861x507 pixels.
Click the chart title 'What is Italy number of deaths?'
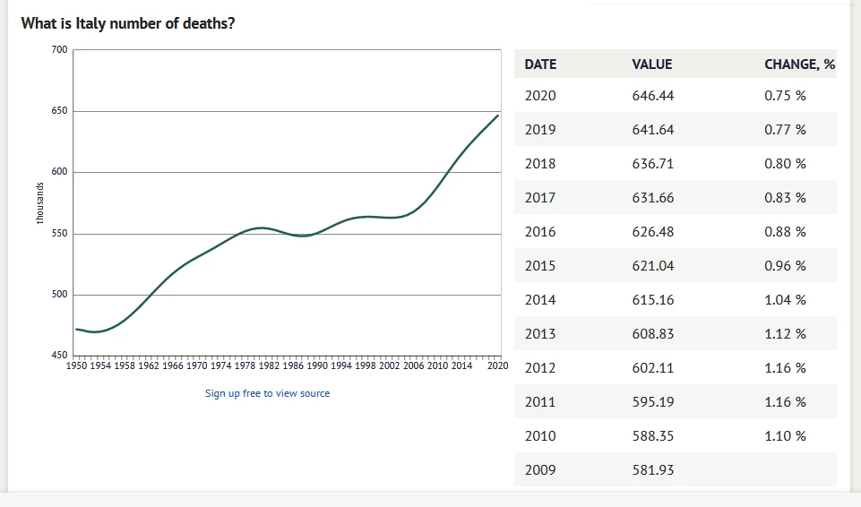[128, 23]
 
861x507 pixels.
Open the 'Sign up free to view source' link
[267, 393]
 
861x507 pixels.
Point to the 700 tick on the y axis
[59, 49]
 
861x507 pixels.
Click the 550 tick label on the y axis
[59, 234]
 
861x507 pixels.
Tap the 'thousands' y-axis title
[39, 202]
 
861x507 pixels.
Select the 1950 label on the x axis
[77, 365]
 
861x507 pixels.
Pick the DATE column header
[540, 64]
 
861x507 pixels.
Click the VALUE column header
[651, 64]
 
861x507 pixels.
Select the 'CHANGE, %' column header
[799, 64]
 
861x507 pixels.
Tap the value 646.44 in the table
[653, 96]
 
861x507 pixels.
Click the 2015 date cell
[540, 266]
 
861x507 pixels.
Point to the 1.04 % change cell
[785, 300]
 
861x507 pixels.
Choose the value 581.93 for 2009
[653, 470]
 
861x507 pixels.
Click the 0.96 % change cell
[785, 266]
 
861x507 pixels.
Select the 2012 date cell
[540, 368]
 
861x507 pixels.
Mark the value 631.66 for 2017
[653, 198]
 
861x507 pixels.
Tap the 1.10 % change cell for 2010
[785, 436]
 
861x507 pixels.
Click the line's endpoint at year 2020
[498, 116]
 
